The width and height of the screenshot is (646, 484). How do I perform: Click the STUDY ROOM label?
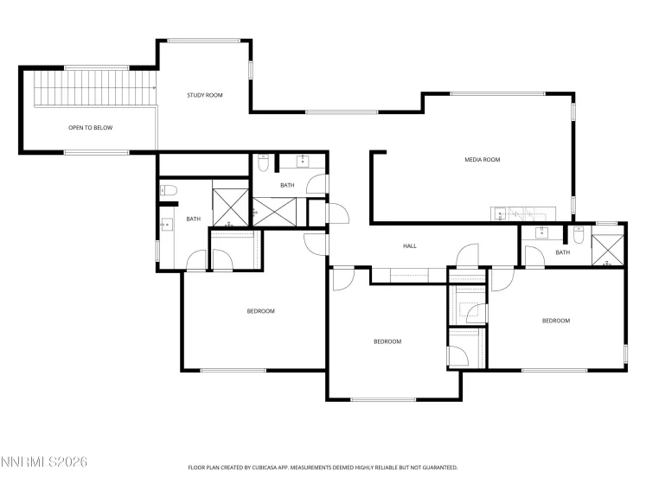[x=205, y=95]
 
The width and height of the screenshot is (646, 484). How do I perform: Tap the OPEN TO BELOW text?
[x=90, y=128]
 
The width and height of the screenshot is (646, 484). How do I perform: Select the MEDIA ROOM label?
[x=483, y=159]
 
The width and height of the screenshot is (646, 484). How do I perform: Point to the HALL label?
[x=410, y=246]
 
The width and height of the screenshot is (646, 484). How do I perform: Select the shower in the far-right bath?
[x=609, y=245]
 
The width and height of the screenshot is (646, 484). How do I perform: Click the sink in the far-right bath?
[x=541, y=232]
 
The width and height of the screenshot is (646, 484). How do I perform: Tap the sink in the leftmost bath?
[x=166, y=225]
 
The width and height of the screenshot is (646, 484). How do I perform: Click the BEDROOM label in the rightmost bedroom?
[x=555, y=321]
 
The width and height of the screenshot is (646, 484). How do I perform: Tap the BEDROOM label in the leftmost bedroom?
[x=260, y=311]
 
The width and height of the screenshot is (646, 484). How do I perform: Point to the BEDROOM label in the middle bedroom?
[x=387, y=341]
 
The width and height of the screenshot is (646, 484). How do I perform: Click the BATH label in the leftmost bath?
[x=193, y=219]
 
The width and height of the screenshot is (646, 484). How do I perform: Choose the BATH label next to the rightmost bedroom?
[x=562, y=252]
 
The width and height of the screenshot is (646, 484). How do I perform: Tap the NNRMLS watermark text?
[x=45, y=464]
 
